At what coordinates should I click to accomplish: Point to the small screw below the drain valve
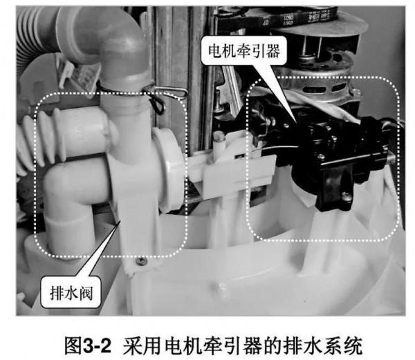tap(142, 261)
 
